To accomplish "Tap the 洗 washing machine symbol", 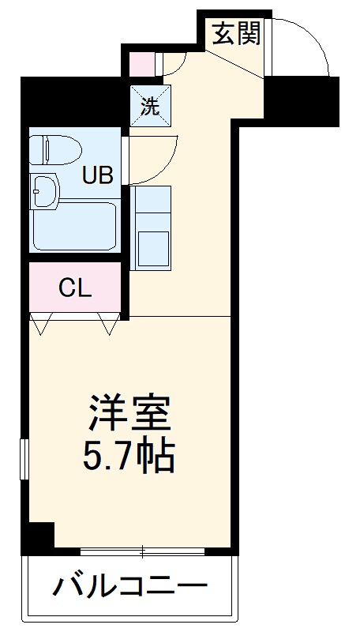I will point(150,106).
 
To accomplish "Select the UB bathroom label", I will point(99,174).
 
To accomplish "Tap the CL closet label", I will point(76,288).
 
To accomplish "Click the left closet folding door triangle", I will point(43,322).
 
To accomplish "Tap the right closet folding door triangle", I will point(108,322).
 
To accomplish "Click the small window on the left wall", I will point(24,458).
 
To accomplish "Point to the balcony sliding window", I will point(142,551).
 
